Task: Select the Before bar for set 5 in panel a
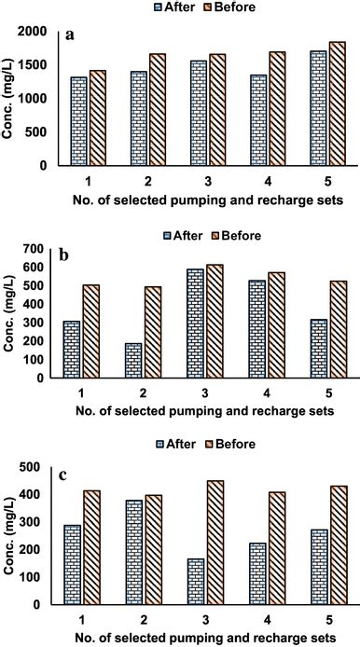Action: click(x=337, y=103)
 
